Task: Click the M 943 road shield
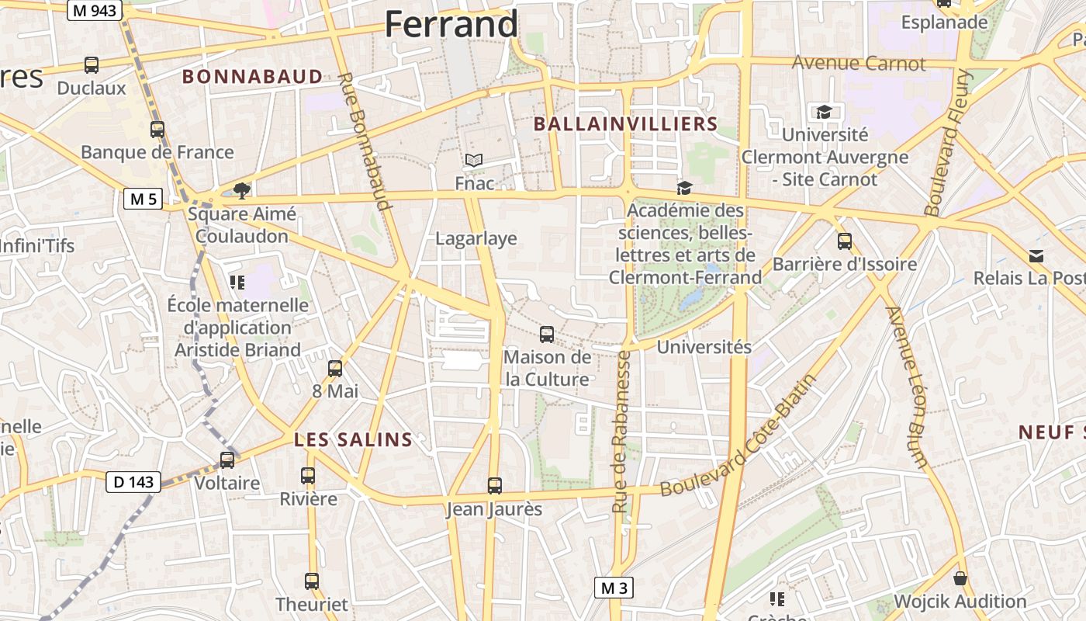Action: (x=94, y=10)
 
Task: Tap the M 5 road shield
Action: (x=143, y=199)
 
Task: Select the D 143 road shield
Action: (x=133, y=482)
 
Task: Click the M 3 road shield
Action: (x=614, y=588)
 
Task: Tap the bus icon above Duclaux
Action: (x=92, y=65)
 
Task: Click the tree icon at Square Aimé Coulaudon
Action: (x=242, y=190)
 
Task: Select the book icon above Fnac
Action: (x=473, y=161)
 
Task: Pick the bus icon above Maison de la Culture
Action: (x=547, y=335)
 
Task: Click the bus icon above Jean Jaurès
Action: (x=495, y=486)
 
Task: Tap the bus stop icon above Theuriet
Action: (x=312, y=581)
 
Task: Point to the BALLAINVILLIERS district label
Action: (x=626, y=124)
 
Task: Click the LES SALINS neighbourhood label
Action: (x=353, y=440)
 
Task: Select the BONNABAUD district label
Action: (x=252, y=76)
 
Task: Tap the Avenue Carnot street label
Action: (x=859, y=63)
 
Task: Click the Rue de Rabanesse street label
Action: (x=620, y=432)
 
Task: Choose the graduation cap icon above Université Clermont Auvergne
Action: (x=824, y=113)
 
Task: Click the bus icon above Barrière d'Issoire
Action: (x=845, y=241)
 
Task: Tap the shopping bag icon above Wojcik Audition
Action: (x=960, y=578)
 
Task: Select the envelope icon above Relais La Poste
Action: (x=1036, y=256)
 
